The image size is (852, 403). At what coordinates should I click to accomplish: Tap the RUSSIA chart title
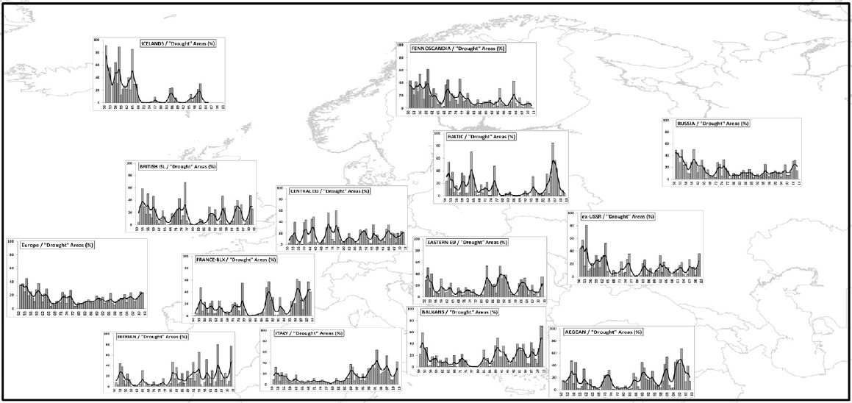pos(717,124)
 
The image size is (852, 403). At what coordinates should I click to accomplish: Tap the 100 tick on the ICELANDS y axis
pos(99,38)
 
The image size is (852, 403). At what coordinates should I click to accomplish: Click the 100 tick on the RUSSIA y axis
pos(667,120)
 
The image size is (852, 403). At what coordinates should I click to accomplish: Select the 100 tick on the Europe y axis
pos(10,240)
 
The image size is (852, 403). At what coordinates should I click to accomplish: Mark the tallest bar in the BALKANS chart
pos(541,327)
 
